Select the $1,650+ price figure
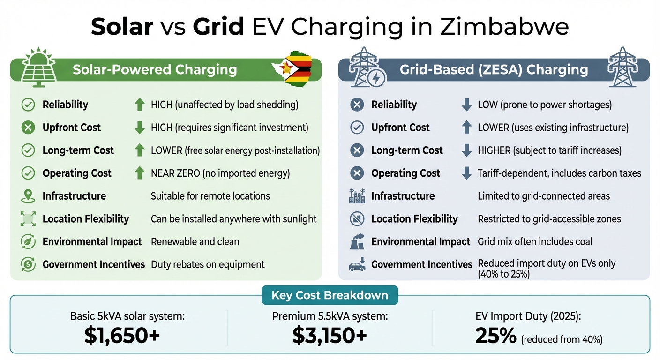(x=122, y=335)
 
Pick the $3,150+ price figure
(x=330, y=335)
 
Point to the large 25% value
(x=495, y=335)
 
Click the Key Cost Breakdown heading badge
(x=330, y=295)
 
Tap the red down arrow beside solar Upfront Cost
(x=139, y=127)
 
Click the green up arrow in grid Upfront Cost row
(x=466, y=127)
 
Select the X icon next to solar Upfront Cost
(x=29, y=127)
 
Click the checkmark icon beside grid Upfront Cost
(x=357, y=127)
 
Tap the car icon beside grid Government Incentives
(x=357, y=265)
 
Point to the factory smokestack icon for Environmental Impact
(x=357, y=242)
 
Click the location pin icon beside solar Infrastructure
(x=29, y=196)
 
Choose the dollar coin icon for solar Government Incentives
(x=29, y=265)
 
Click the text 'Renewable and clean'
(x=195, y=242)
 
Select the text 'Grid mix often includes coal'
(x=535, y=242)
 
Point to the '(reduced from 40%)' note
(x=562, y=339)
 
